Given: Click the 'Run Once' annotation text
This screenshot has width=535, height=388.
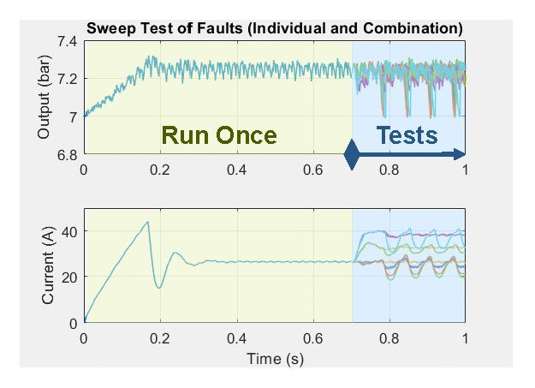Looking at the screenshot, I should tap(219, 135).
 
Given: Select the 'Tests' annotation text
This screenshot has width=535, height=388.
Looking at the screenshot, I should tap(407, 134).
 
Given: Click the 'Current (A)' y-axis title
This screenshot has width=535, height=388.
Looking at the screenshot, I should tap(48, 266).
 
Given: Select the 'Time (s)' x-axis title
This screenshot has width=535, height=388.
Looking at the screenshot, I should tap(274, 359).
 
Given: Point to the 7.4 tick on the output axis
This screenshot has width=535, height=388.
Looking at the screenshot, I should tap(67, 42).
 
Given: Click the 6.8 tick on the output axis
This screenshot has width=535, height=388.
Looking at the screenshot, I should tap(67, 154).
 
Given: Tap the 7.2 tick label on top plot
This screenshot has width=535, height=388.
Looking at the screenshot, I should tap(67, 80).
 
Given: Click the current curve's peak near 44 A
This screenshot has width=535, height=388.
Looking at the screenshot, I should tap(147, 223).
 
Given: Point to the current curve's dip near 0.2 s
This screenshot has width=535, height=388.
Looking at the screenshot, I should tap(159, 288).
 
